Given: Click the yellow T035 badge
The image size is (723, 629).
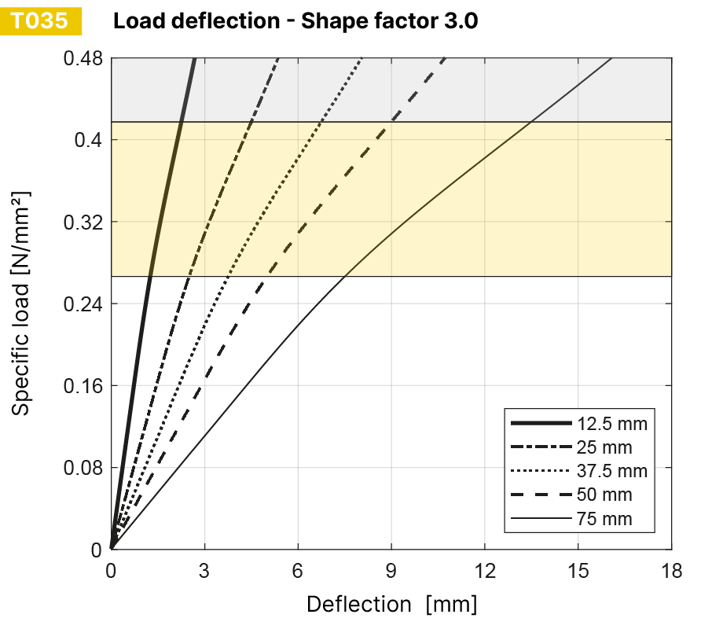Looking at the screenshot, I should tap(42, 21).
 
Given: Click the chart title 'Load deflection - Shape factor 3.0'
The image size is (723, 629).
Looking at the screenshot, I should tap(295, 21).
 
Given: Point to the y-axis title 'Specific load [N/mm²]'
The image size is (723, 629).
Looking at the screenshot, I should tap(22, 303).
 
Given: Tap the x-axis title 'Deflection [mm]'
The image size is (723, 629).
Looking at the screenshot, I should tap(391, 604).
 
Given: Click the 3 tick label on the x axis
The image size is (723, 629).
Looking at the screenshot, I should tap(204, 570).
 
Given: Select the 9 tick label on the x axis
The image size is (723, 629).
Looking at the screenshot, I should tap(391, 570).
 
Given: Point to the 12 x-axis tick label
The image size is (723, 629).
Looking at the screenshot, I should tap(485, 570).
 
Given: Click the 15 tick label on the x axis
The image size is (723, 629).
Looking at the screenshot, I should tap(578, 570).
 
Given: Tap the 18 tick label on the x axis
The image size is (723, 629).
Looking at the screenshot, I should tap(672, 570).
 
